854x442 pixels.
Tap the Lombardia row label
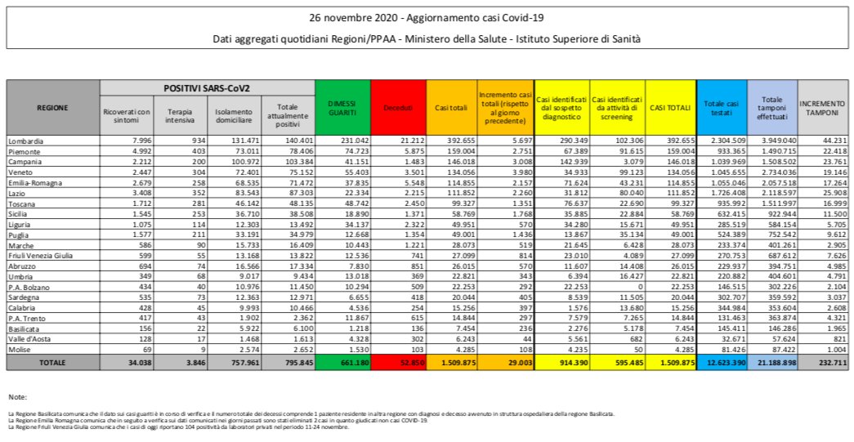26,141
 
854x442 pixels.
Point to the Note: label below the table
17,396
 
